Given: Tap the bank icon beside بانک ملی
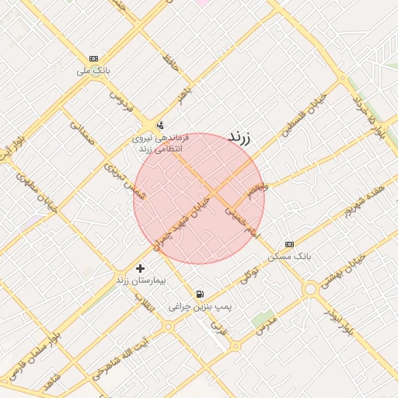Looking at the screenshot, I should [x=94, y=59].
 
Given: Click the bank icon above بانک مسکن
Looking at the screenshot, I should [x=289, y=244].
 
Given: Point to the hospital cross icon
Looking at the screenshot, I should [x=140, y=268].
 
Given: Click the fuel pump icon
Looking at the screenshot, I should [x=201, y=295].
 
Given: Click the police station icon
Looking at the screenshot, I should [x=160, y=124].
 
